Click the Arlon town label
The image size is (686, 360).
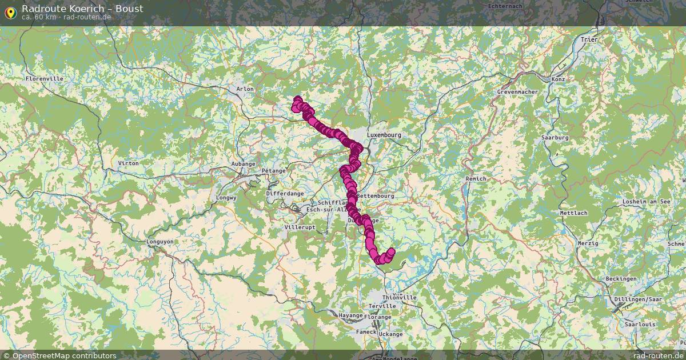[245, 89]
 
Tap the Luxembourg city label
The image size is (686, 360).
[384, 135]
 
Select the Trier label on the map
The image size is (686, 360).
[588, 39]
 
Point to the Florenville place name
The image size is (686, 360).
[44, 78]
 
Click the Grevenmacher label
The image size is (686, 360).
[518, 91]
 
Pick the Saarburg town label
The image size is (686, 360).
[555, 138]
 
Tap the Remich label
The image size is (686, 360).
[476, 179]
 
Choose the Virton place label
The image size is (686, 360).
[127, 163]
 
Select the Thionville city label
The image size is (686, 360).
[400, 298]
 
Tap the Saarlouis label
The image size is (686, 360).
[639, 324]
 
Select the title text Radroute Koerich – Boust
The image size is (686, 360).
[82, 9]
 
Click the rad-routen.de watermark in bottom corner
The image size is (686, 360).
[658, 355]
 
